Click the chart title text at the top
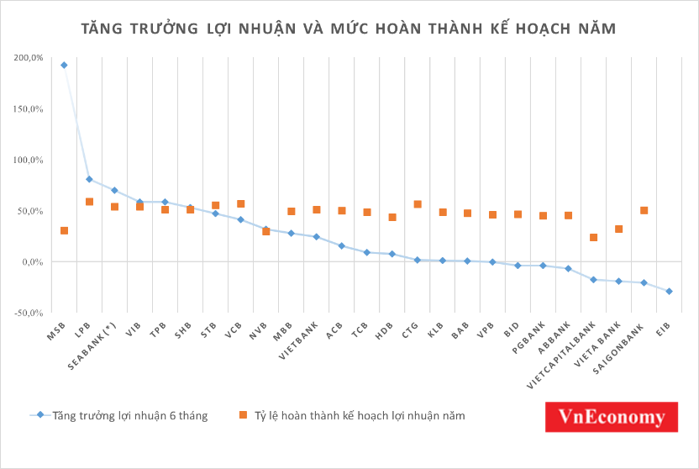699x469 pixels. pos(349,29)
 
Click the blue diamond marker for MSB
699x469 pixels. pos(64,65)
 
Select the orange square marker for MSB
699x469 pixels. pos(64,230)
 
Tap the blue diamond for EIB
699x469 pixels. pos(669,292)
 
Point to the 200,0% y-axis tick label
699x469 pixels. pos(28,58)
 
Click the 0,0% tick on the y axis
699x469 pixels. pos(31,261)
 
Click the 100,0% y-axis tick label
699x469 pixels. pos(28,160)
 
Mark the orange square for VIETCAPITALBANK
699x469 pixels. pos(593,238)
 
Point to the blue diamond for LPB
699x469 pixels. pos(89,179)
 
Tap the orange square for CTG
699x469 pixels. pos(417,204)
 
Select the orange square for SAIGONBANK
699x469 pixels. pos(644,210)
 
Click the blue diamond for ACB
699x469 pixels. pos(341,245)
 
